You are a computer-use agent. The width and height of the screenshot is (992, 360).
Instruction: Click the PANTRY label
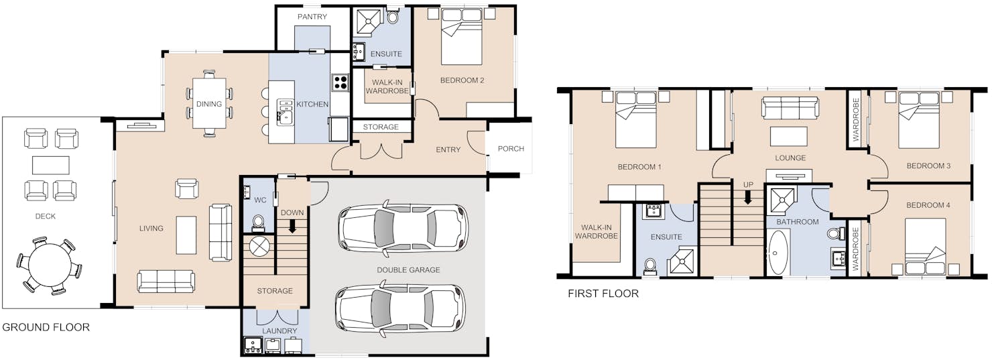tap(312, 17)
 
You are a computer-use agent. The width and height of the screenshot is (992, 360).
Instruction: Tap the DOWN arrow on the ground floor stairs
tap(292, 226)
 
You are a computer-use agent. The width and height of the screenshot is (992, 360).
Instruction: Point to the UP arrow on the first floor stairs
tap(748, 197)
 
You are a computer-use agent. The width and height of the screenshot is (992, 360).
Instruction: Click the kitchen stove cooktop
tap(340, 82)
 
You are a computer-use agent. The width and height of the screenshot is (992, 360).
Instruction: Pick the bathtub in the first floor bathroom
tap(778, 252)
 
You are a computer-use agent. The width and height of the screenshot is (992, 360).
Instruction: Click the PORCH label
tap(511, 149)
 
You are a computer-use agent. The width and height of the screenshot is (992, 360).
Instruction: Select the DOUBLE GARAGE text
tap(408, 269)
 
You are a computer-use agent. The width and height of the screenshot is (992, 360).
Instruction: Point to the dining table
tap(209, 104)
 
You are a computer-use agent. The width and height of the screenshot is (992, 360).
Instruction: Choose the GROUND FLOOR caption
tap(46, 327)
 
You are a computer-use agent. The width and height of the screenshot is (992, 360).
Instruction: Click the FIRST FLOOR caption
tap(603, 294)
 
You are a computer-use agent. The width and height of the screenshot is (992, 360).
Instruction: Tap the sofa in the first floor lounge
tap(790, 109)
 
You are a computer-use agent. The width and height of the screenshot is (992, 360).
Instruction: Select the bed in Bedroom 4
tap(926, 247)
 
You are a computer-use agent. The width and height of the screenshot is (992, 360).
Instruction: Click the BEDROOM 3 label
tap(928, 166)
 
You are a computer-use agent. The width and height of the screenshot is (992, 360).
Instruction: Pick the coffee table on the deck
tap(50, 165)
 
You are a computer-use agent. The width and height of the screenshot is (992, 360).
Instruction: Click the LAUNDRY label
tap(280, 331)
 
